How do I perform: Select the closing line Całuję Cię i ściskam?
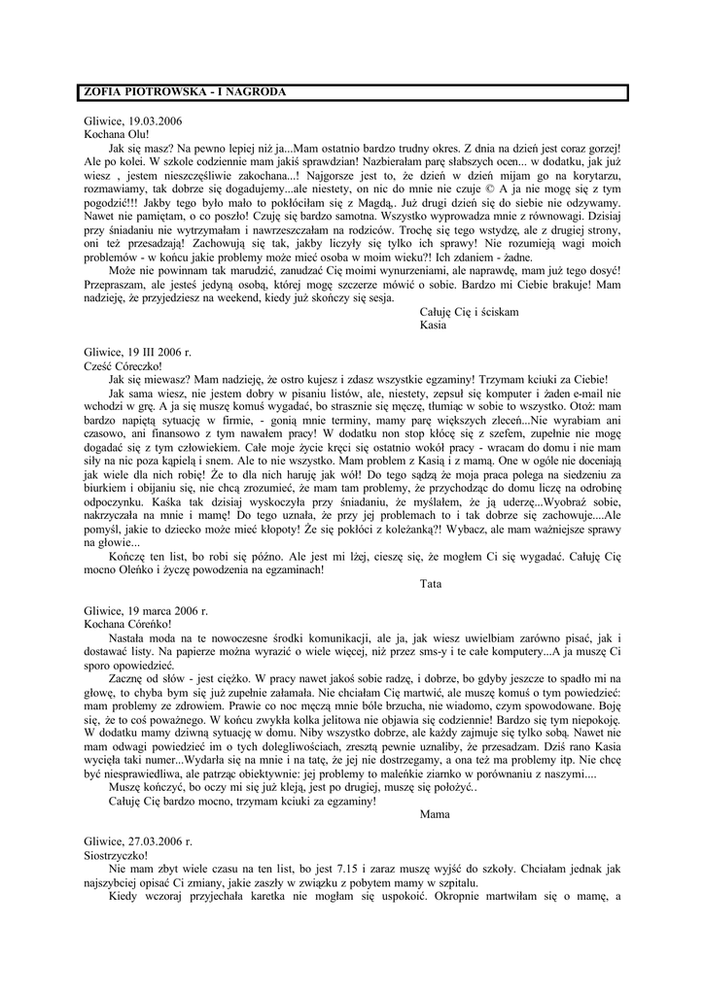pos(469,312)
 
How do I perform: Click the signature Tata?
pos(431,584)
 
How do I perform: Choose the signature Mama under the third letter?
pos(434,815)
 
